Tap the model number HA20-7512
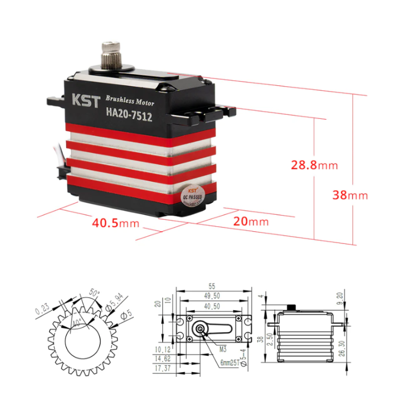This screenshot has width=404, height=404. (129, 114)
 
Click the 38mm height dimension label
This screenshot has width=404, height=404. (350, 195)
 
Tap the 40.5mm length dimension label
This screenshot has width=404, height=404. (115, 222)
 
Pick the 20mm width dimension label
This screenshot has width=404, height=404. (251, 221)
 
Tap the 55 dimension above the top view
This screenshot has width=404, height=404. (213, 285)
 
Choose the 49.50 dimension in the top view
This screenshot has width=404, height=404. (213, 295)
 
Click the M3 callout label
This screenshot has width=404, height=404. (222, 348)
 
